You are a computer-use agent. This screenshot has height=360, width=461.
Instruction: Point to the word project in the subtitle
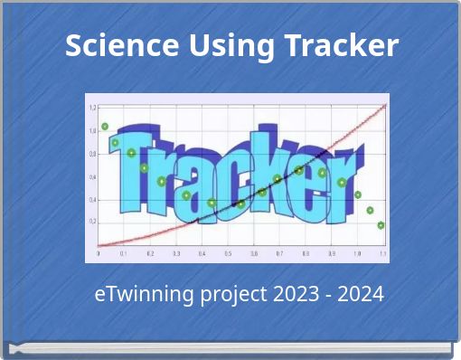pyautogui.click(x=225, y=295)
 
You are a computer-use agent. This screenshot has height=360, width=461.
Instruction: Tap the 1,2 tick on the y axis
pyautogui.click(x=92, y=107)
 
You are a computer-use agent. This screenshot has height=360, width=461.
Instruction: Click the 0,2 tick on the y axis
pyautogui.click(x=92, y=221)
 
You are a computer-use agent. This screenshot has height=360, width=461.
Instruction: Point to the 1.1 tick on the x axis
pyautogui.click(x=382, y=254)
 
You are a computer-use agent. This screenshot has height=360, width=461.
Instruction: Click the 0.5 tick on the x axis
pyautogui.click(x=228, y=254)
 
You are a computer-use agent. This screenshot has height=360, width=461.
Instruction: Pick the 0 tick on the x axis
pyautogui.click(x=99, y=254)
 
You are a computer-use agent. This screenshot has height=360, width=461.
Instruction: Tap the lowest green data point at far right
pyautogui.click(x=381, y=225)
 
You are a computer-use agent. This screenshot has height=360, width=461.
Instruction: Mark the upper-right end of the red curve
pyautogui.click(x=385, y=105)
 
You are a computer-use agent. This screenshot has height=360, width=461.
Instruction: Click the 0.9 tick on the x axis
pyautogui.click(x=331, y=254)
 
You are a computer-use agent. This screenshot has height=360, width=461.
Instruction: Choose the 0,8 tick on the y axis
pyautogui.click(x=92, y=153)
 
